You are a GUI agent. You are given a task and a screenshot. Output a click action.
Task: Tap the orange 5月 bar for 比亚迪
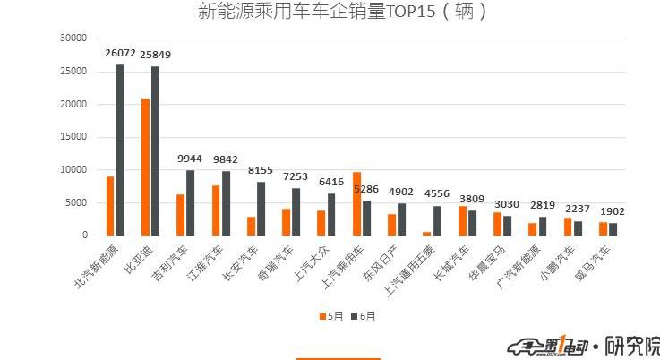tap(145, 167)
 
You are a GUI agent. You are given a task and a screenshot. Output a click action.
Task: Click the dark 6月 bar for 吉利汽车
tap(190, 202)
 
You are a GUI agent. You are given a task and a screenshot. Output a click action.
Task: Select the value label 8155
tap(260, 169)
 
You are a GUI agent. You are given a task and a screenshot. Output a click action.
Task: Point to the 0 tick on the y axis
tap(82, 236)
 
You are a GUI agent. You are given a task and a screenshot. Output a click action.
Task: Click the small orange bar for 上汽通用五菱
tap(426, 233)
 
